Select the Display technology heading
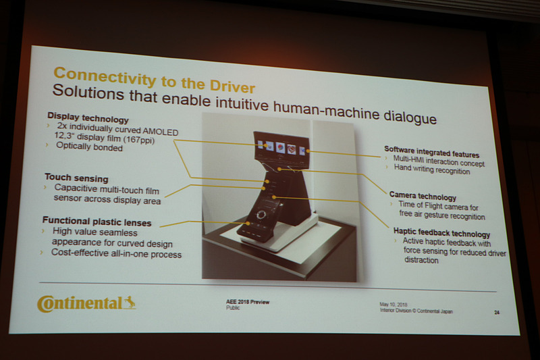click(x=88, y=119)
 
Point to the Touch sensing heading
click(x=76, y=178)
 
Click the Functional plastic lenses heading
click(x=97, y=220)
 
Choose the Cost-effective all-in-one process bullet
click(x=116, y=253)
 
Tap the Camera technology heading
click(x=423, y=197)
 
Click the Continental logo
click(x=86, y=303)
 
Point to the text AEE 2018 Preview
click(x=247, y=301)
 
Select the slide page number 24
click(x=496, y=312)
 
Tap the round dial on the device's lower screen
click(x=261, y=215)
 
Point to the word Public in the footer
click(x=233, y=307)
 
